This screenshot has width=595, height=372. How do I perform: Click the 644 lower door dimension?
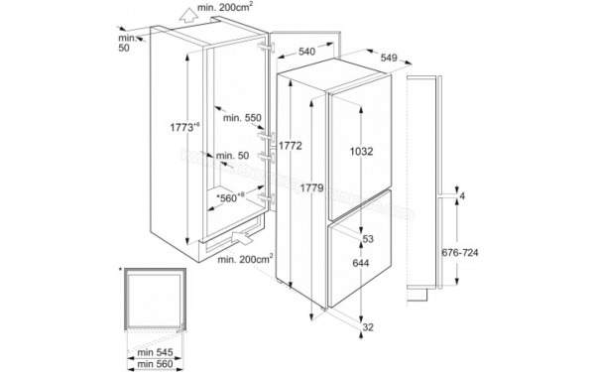360,263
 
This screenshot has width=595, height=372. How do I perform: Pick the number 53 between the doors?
367,241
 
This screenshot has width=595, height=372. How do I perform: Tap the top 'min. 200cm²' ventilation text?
224,7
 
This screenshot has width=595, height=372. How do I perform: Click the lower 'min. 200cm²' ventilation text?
244,259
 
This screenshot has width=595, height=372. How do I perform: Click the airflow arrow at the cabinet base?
241,239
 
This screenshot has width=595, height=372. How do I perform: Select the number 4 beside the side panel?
462,196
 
